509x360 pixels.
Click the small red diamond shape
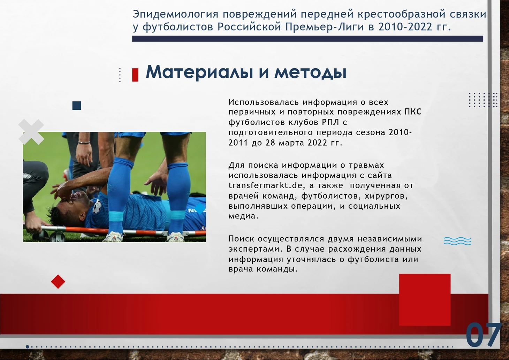pos(58,282)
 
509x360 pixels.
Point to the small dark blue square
pos(77,105)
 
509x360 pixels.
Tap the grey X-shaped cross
pos(31,132)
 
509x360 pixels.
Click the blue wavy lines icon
pos(457,241)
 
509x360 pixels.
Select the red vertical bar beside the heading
pos(135,75)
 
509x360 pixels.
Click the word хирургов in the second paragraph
pos(386,196)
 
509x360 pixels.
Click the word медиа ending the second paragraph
pos(243,216)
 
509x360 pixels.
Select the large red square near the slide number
pos(425,300)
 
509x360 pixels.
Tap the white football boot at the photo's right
pos(175,237)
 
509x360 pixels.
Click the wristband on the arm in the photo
pos(84,143)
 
